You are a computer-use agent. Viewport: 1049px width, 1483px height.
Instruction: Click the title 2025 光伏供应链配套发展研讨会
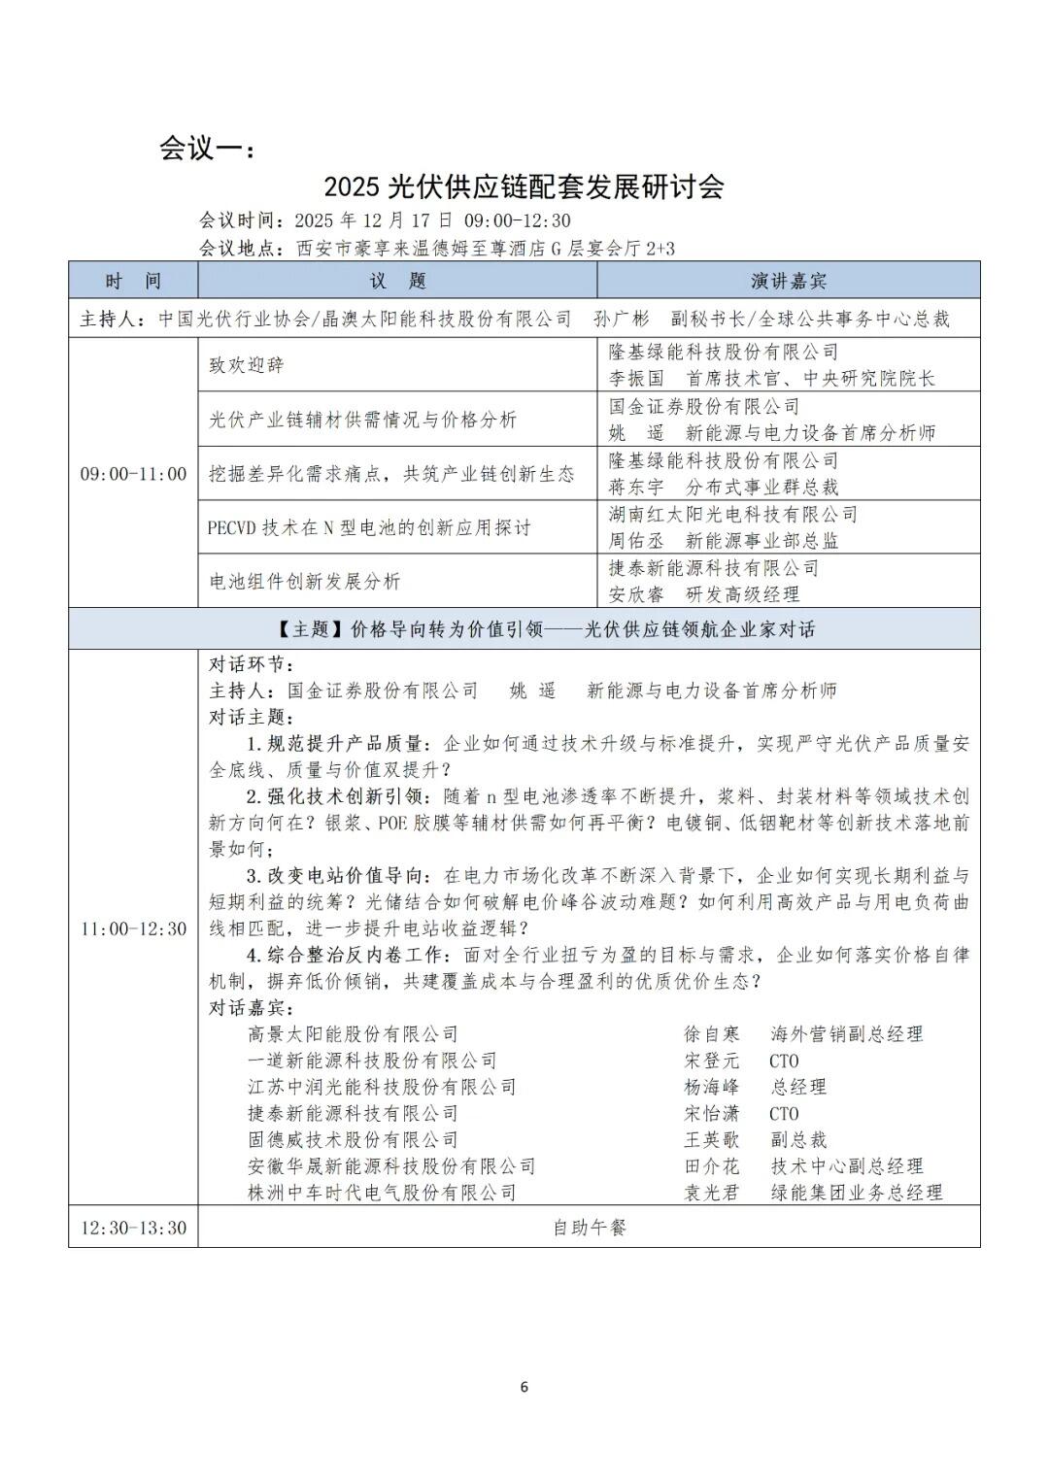[524, 185]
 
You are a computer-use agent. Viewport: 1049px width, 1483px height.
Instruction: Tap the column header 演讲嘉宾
[788, 282]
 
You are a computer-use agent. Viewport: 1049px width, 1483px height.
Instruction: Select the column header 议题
[397, 282]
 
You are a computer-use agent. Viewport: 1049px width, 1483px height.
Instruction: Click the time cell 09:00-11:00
[133, 474]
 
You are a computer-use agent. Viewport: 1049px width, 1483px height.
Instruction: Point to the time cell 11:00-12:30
[133, 928]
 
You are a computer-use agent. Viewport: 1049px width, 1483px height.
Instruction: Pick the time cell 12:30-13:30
[133, 1228]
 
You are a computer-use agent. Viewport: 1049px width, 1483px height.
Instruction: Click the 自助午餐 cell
[590, 1228]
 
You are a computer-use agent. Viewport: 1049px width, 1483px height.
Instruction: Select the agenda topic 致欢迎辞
[248, 365]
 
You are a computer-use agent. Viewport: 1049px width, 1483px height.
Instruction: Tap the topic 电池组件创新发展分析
[305, 582]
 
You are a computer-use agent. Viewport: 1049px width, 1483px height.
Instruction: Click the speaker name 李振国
[636, 379]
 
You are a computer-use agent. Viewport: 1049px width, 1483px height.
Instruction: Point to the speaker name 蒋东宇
[636, 487]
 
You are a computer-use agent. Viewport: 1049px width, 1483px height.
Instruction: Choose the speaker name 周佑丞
[636, 541]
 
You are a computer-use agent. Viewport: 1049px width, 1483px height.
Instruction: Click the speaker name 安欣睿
[636, 594]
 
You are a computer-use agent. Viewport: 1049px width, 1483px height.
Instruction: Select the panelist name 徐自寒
[712, 1034]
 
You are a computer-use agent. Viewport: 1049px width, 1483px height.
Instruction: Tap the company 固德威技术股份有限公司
[353, 1139]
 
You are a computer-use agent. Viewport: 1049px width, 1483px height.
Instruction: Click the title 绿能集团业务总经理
[857, 1193]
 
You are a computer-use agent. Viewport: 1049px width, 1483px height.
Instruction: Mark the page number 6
[524, 1387]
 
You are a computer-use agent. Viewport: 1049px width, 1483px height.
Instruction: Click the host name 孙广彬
[622, 319]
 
